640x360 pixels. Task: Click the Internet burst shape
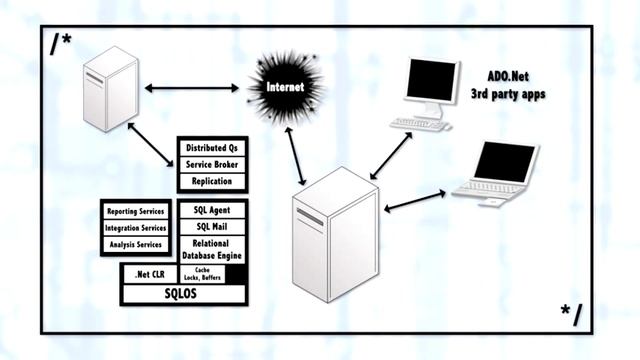tap(285, 88)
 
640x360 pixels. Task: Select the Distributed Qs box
tap(212, 148)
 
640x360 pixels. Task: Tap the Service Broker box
tap(212, 165)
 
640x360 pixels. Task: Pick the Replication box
tap(212, 182)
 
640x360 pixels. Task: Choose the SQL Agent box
tap(212, 210)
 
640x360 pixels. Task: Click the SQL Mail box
tap(212, 227)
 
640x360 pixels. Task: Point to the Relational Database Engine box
tap(212, 249)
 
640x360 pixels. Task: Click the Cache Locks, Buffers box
tap(200, 274)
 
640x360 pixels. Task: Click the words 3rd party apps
tap(510, 95)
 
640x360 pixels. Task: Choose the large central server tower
tap(335, 235)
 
